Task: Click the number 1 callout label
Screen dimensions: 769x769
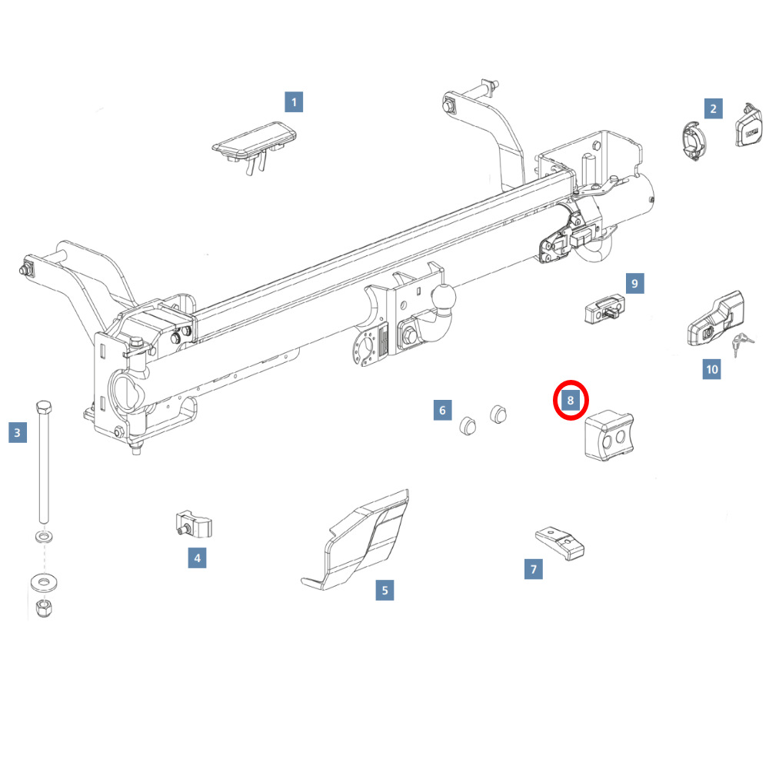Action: (294, 102)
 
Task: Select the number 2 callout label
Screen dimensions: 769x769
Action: (713, 108)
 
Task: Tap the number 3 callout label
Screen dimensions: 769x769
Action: (18, 432)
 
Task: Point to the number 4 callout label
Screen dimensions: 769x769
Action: (197, 558)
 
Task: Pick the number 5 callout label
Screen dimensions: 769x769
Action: (384, 590)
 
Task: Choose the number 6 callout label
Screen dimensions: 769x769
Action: (442, 410)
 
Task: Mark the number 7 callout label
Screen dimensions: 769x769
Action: (534, 569)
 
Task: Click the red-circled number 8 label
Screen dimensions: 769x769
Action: (571, 400)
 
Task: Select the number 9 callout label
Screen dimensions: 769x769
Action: (634, 284)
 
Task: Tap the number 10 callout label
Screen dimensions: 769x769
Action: (711, 369)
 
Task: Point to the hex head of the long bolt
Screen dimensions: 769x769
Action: (44, 407)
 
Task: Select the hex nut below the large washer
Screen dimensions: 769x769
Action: (44, 608)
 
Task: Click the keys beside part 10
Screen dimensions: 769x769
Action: (742, 343)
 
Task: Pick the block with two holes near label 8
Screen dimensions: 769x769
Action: (609, 436)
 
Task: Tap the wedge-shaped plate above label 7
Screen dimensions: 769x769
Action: (560, 543)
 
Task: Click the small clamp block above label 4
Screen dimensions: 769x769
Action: (193, 524)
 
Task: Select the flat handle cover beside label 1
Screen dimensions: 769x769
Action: (255, 145)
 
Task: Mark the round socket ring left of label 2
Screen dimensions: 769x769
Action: (694, 141)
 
